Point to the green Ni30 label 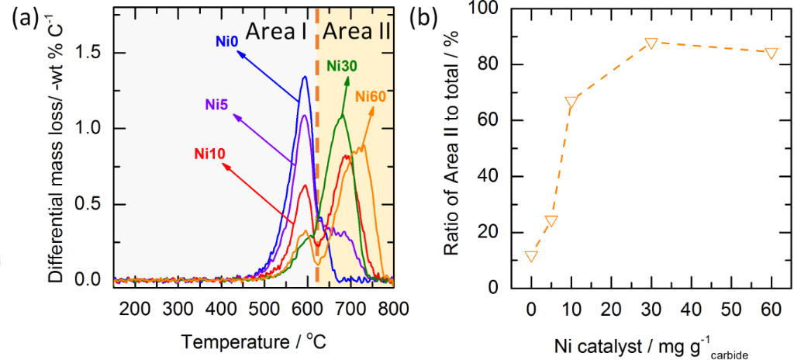[x=341, y=66]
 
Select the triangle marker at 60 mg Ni [x=771, y=53]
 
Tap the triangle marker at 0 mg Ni [x=531, y=256]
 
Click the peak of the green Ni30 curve [x=342, y=115]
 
